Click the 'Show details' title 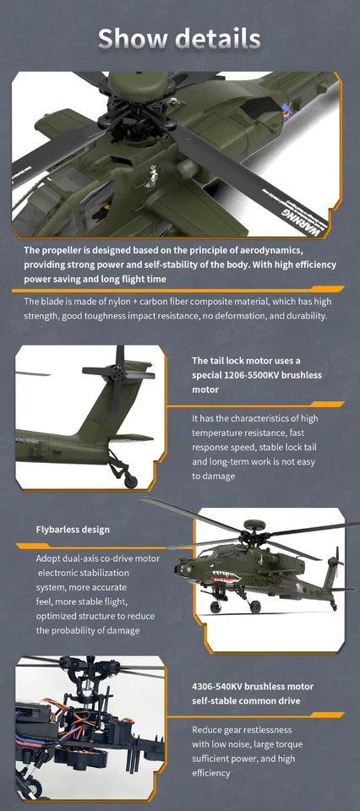coord(179,38)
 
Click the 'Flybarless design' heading coord(73,530)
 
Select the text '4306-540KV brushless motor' coord(252,687)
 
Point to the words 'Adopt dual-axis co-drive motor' coord(97,558)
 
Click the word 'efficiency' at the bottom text coord(210,773)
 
